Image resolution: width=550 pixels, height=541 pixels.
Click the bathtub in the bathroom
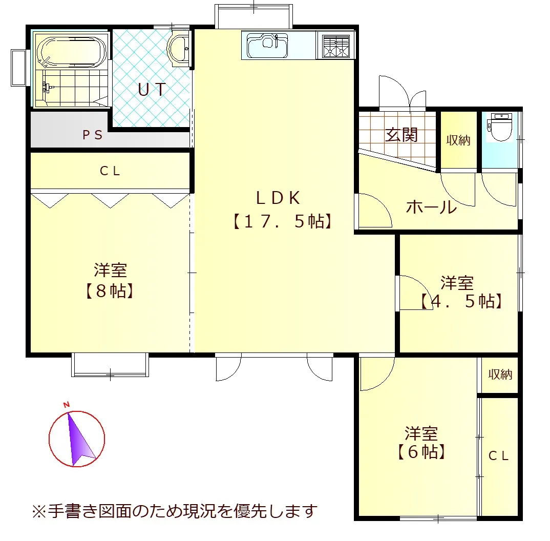click(72, 52)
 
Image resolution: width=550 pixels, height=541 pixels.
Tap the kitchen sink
click(268, 46)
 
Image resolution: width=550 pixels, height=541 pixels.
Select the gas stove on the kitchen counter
click(336, 46)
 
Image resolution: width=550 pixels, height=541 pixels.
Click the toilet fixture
click(500, 127)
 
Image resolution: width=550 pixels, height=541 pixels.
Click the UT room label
click(152, 90)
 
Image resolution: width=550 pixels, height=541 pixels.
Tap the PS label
click(93, 135)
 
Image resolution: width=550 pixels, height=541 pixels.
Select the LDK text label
click(278, 198)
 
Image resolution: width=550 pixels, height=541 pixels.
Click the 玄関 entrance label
click(401, 135)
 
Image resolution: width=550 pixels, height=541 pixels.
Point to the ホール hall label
click(431, 206)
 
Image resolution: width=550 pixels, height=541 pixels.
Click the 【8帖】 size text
click(110, 291)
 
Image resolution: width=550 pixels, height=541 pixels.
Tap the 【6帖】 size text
click(421, 452)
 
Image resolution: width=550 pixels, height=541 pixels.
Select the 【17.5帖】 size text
click(282, 221)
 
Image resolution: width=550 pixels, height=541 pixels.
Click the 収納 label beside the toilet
click(458, 140)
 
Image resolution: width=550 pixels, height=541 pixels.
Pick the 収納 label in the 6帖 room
click(500, 374)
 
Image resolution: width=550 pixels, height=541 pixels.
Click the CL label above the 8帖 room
click(110, 171)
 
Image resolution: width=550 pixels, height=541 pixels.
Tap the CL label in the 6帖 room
click(498, 456)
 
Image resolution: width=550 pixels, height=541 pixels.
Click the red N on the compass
click(66, 405)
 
